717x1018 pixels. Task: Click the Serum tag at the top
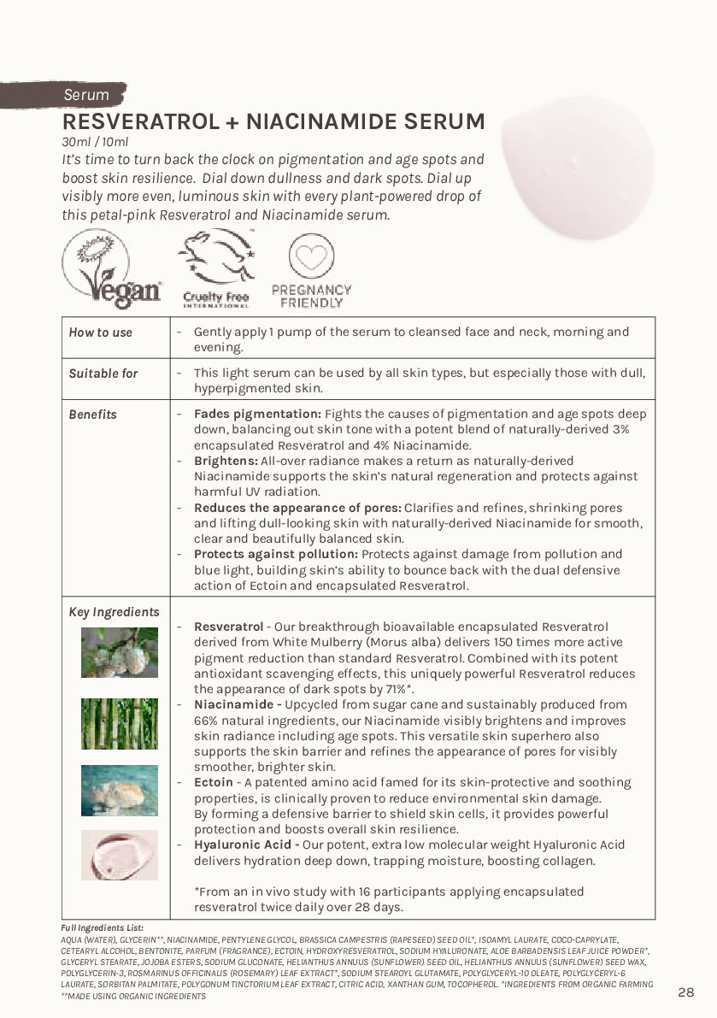click(86, 95)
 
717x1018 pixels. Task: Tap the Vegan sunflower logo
click(111, 268)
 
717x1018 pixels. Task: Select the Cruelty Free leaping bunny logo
click(216, 268)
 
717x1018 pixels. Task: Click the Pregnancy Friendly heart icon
click(311, 256)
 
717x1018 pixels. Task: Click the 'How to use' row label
click(100, 332)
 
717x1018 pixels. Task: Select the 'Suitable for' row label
click(103, 374)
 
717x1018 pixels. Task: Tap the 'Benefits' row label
click(92, 415)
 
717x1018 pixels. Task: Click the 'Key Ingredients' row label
click(114, 612)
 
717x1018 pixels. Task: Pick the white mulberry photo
click(120, 652)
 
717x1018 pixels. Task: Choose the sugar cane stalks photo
click(120, 723)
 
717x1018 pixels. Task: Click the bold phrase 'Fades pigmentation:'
click(257, 414)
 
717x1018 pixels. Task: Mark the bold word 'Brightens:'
click(225, 461)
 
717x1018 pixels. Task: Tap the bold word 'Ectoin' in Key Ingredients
click(213, 782)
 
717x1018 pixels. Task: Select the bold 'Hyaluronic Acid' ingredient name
click(243, 844)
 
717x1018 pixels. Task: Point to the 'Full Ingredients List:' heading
click(102, 927)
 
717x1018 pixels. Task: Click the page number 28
click(685, 992)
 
